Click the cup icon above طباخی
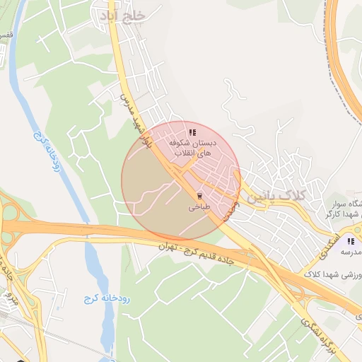tap(199, 196)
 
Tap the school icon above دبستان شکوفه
tap(192, 132)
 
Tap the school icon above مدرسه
tap(351, 240)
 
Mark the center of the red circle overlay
tap(181, 181)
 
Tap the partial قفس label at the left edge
tap(5, 35)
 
